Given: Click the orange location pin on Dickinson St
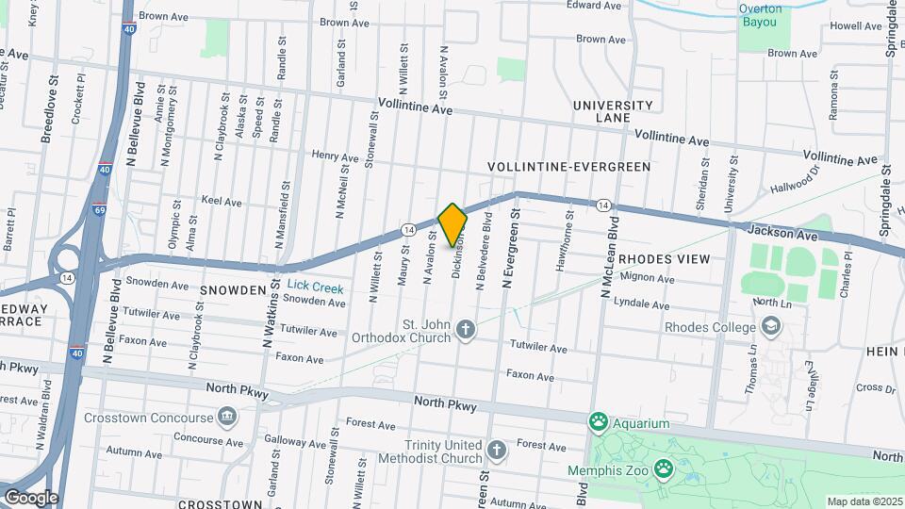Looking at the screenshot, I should (x=452, y=224).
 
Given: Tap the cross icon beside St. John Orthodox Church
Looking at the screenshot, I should (x=464, y=329).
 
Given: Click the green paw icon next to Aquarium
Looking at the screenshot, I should (x=597, y=419).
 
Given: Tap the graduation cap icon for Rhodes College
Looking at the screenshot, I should (x=770, y=327).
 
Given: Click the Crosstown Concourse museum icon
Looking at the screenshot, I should (x=226, y=416).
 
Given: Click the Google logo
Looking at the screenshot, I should (x=30, y=498).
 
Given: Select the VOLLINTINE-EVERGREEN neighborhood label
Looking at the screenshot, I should (x=569, y=167).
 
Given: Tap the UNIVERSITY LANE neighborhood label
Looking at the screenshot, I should (x=613, y=111).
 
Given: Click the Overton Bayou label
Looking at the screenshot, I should (x=760, y=15).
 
